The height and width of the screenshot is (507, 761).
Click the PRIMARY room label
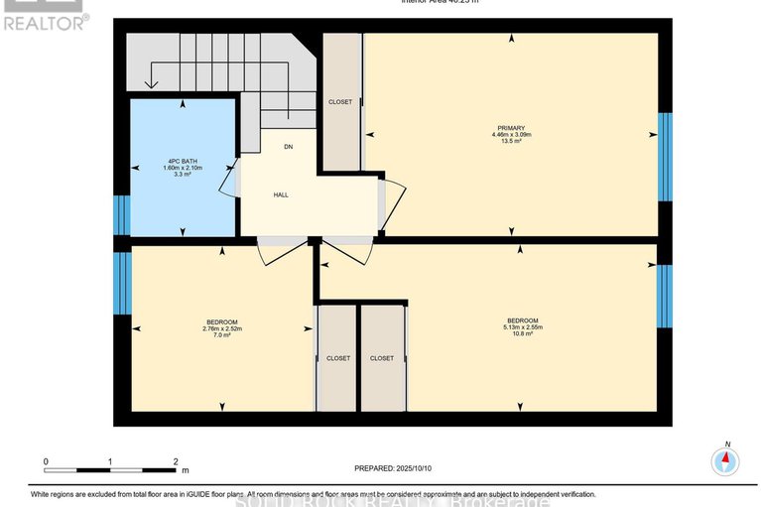click(x=512, y=127)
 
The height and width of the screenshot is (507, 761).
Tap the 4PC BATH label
click(x=182, y=162)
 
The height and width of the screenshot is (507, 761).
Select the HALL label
click(x=282, y=194)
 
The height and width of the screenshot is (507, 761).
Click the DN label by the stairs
click(x=289, y=147)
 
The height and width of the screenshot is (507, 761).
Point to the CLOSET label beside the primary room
click(x=340, y=102)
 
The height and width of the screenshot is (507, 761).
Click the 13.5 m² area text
click(x=512, y=142)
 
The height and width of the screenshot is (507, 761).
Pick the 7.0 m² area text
click(x=221, y=335)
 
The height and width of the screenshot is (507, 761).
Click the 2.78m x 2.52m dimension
click(x=221, y=328)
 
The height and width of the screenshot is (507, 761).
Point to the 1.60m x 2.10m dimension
click(x=182, y=169)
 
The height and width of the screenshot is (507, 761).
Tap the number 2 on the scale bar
click(x=176, y=461)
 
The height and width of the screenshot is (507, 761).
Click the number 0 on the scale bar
click(x=46, y=461)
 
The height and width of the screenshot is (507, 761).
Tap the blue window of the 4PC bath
click(x=121, y=213)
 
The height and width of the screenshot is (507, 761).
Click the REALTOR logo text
click(x=45, y=22)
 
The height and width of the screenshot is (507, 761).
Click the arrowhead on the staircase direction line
click(x=152, y=83)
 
